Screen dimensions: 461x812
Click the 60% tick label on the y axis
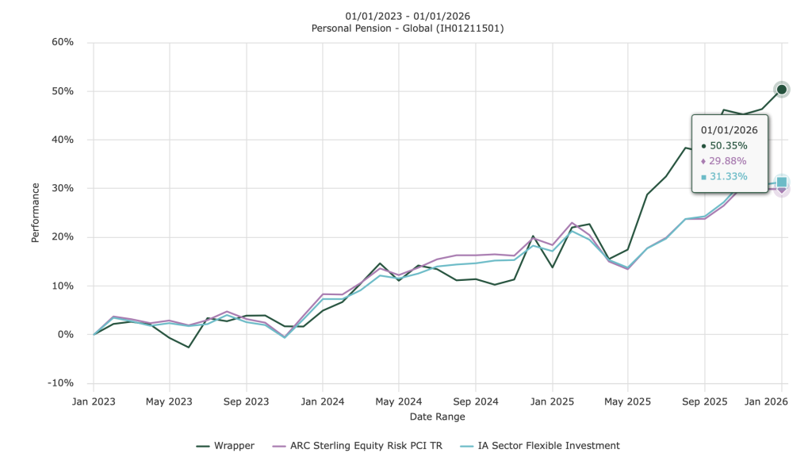tap(63, 42)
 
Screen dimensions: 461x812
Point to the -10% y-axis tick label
tap(61, 383)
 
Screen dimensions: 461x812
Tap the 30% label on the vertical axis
tap(63, 188)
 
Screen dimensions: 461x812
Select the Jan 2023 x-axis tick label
tap(94, 401)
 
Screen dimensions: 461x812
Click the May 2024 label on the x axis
tap(399, 401)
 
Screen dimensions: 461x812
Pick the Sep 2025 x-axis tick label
tap(704, 401)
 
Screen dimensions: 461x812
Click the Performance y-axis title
tap(36, 213)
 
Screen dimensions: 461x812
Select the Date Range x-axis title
tap(437, 417)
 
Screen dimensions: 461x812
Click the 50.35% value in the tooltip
tap(728, 146)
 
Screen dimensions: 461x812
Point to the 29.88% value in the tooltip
tap(728, 161)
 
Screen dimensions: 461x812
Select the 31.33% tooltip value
tap(728, 177)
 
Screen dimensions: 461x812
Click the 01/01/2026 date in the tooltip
tap(730, 130)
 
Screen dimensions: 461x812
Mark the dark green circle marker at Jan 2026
tap(781, 90)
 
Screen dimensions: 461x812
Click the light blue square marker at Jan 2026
tap(781, 182)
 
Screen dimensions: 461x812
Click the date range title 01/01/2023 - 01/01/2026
tap(408, 16)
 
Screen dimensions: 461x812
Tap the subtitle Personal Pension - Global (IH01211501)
tap(408, 29)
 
